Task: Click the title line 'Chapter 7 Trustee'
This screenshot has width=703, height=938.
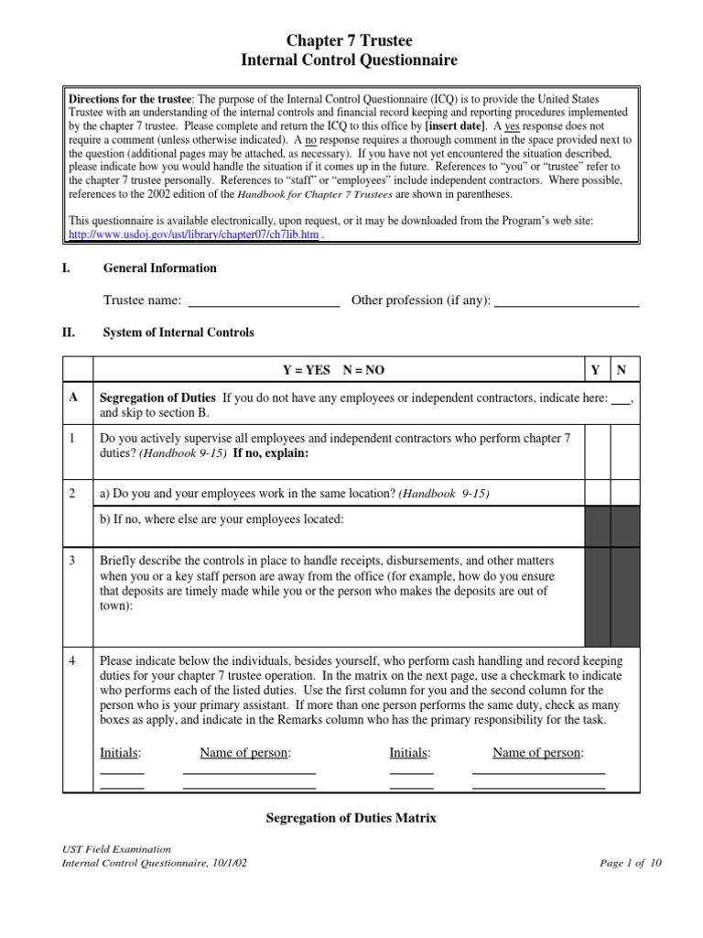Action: [351, 40]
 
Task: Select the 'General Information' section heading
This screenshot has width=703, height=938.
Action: [160, 268]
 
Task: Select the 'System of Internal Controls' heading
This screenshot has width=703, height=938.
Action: [178, 333]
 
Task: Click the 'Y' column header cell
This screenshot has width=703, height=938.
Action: [596, 370]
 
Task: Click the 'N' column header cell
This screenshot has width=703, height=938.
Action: [622, 370]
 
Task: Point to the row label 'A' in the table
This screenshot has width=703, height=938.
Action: [73, 398]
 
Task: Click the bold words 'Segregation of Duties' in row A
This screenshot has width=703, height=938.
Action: [157, 398]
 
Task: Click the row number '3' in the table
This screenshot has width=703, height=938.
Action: [73, 561]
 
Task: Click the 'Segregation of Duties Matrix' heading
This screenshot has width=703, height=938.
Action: [351, 818]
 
